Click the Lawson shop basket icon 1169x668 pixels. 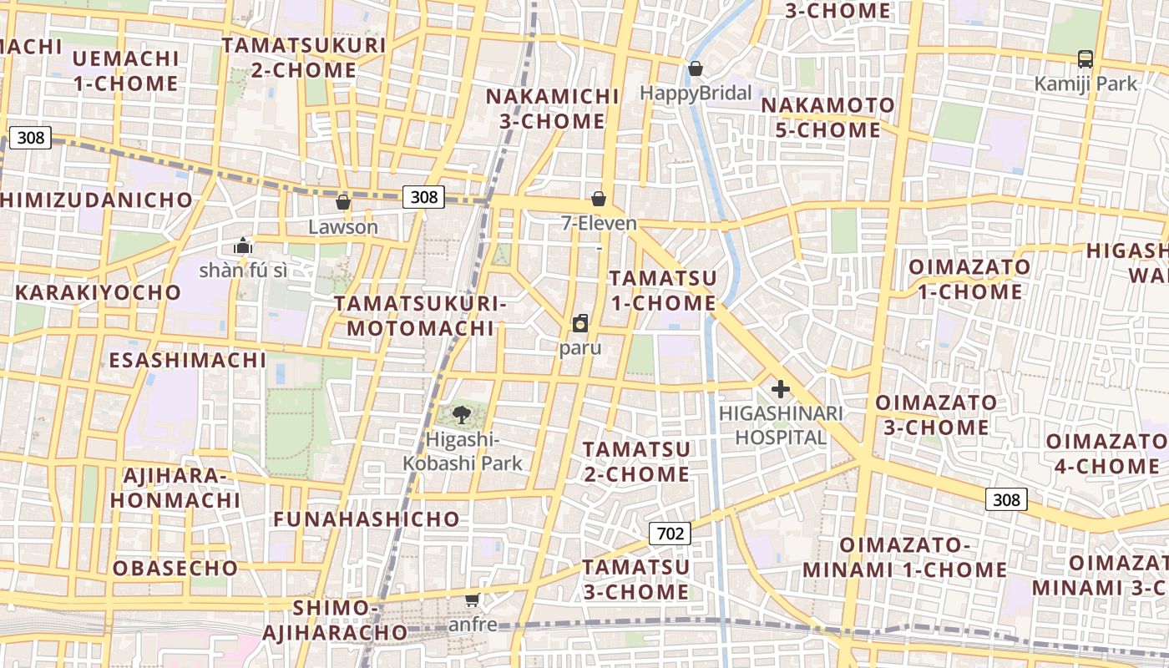tap(342, 202)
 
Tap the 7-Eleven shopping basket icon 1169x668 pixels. tap(599, 199)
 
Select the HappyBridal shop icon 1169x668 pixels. tap(695, 68)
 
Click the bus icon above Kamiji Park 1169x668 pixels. tap(1085, 59)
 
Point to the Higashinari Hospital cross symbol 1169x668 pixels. tap(781, 389)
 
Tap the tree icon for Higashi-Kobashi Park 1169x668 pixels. tap(460, 413)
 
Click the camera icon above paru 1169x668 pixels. tap(580, 323)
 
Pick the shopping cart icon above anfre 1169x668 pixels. tap(473, 600)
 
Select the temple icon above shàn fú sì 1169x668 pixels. tap(243, 245)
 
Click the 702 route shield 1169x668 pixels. tap(670, 534)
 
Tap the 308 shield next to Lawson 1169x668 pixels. tap(424, 197)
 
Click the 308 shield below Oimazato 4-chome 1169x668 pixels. tap(1006, 499)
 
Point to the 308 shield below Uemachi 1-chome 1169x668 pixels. tap(31, 138)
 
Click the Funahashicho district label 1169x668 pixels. tap(367, 519)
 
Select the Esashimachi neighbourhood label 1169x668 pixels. tap(188, 361)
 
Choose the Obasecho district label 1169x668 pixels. tap(175, 569)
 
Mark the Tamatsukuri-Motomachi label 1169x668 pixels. tap(421, 316)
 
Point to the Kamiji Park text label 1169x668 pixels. tap(1085, 83)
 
